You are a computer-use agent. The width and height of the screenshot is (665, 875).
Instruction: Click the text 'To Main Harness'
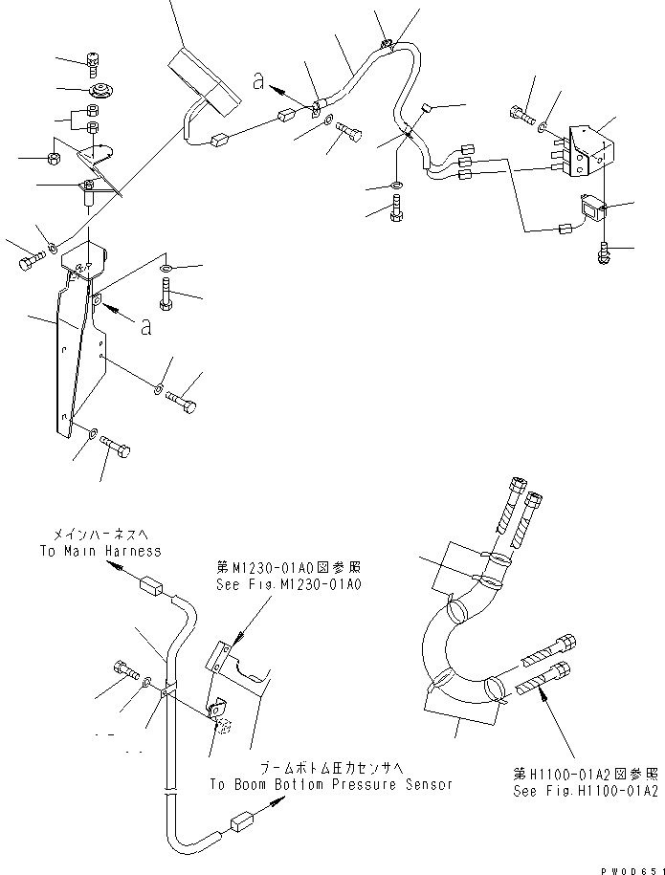click(x=100, y=551)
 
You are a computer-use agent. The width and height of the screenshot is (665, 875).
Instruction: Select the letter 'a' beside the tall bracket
click(x=145, y=327)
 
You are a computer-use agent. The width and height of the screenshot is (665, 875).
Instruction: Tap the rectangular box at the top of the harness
click(x=202, y=74)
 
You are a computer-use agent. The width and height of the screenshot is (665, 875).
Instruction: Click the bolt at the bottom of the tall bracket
click(x=116, y=446)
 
